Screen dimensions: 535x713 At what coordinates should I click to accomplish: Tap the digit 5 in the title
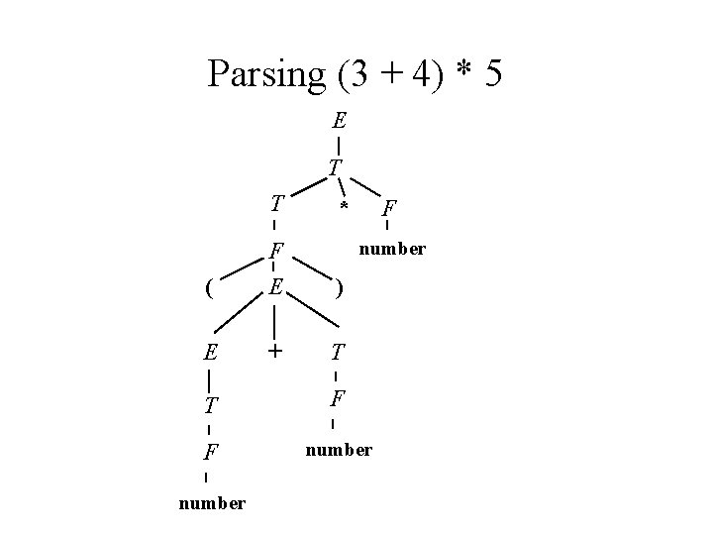492,74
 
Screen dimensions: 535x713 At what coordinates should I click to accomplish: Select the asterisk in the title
460,71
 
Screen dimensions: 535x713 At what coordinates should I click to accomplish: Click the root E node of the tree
339,123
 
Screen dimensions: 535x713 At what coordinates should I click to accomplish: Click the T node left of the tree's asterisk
278,205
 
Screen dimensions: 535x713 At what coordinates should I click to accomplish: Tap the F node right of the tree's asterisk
390,209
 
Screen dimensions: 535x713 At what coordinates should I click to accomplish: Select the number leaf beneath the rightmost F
392,249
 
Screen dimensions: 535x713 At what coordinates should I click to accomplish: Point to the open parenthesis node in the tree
207,289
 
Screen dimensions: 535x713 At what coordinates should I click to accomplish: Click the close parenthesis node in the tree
340,289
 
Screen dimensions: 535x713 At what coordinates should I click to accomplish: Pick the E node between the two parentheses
276,287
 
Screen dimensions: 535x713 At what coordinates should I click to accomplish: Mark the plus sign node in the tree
274,351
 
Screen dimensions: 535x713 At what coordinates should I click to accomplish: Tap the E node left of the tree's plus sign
210,352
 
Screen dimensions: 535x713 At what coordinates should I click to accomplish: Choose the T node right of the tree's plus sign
338,352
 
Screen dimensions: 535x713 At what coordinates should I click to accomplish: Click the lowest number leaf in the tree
211,503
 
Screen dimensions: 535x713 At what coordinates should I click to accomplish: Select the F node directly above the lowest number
210,454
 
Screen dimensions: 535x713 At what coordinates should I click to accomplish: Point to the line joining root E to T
339,145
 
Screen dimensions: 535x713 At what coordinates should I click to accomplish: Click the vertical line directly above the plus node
274,320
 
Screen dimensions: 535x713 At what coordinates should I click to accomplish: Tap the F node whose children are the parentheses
278,250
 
